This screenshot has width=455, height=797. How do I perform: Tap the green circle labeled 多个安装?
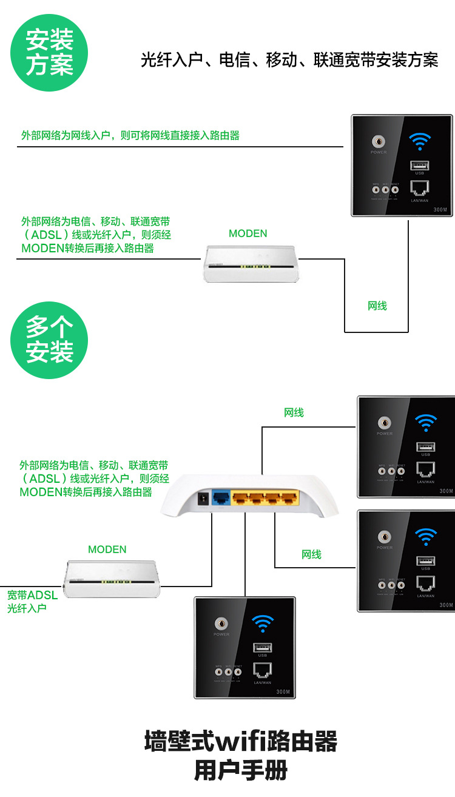coord(49,340)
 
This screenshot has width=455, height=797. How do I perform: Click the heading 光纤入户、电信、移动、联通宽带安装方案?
coord(289,60)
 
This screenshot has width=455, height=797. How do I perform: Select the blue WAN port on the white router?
coord(222,499)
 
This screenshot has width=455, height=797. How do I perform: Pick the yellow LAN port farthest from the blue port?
coord(290,499)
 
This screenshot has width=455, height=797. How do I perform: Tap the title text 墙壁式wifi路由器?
coord(240,742)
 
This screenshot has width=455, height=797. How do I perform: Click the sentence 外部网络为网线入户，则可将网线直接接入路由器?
coord(130,135)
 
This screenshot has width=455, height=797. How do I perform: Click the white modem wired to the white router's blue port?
coord(112,579)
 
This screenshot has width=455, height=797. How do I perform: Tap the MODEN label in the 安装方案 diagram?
coord(248,234)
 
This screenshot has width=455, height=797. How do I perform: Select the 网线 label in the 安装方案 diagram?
coord(377,306)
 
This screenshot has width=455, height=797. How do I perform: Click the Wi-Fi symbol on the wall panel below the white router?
coord(263,622)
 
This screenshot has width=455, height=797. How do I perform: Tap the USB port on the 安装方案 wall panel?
coord(418,165)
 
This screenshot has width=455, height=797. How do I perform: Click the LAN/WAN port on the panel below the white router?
coord(262,670)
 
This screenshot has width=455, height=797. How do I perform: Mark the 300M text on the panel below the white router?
coord(283,691)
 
